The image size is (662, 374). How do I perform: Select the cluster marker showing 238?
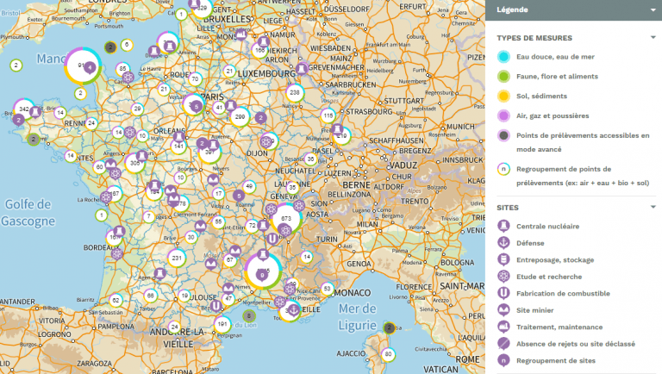(295, 92)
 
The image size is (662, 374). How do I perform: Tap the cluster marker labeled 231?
(177, 258)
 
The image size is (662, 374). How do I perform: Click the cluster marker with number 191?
(222, 324)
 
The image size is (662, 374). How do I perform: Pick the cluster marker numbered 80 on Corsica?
(388, 354)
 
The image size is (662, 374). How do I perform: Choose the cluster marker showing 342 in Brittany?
(24, 109)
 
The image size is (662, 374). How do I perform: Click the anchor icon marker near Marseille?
(293, 310)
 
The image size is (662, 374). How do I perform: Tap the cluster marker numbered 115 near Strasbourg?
(328, 115)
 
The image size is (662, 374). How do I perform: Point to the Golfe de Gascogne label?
(28, 211)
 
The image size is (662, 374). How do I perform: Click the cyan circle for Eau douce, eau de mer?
(503, 57)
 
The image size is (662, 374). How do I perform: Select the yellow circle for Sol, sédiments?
(503, 96)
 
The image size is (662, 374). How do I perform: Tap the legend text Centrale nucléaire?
(547, 226)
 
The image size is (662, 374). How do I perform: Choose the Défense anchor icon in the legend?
(503, 242)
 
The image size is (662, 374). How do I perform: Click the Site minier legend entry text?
(535, 309)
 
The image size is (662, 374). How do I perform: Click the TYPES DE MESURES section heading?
(534, 38)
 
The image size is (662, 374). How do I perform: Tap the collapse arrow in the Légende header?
(653, 10)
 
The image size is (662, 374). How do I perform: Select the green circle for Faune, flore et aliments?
(503, 77)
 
